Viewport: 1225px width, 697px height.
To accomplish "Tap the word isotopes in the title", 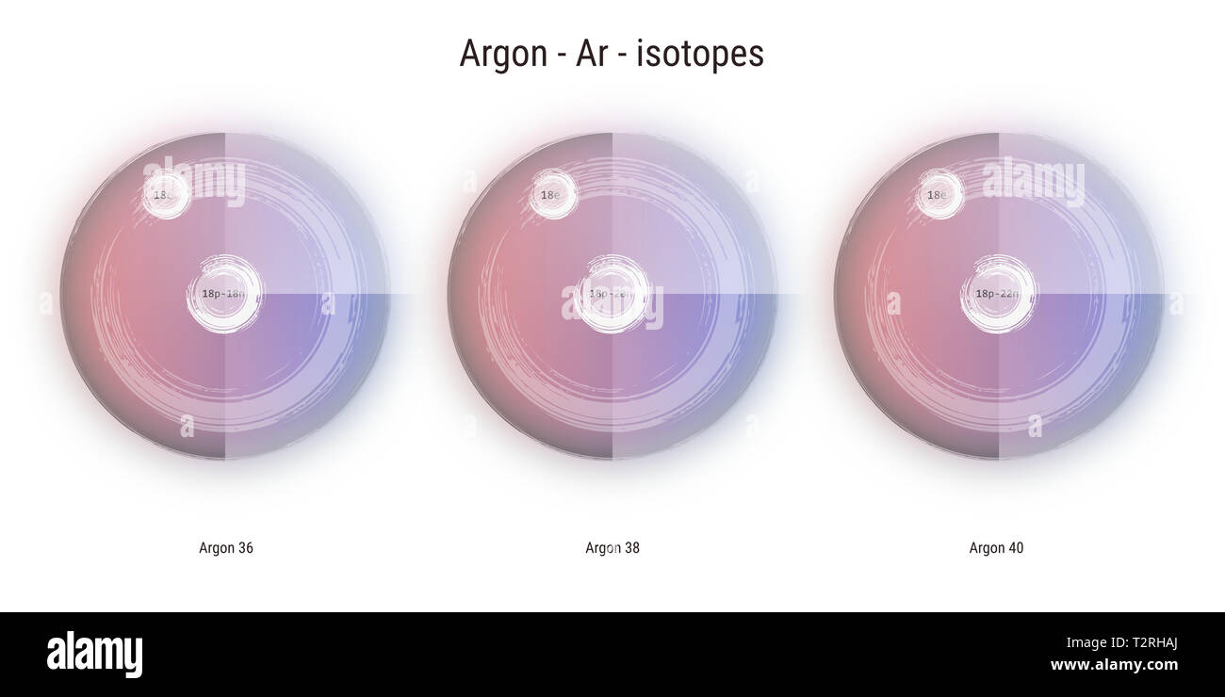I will tap(700, 54).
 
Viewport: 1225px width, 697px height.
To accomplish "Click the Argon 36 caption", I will tap(226, 548).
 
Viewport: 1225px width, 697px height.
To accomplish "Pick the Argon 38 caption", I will tap(612, 548).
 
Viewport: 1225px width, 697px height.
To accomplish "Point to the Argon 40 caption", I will tap(996, 548).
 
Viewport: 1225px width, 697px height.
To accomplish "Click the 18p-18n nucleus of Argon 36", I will tap(224, 294).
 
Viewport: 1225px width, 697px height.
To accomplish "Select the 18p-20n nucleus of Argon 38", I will tap(612, 294).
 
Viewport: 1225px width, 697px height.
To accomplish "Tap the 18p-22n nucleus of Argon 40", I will tap(997, 294).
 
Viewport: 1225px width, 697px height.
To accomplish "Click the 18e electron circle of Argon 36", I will tap(166, 195).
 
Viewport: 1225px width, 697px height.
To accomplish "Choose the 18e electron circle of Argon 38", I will tap(552, 195).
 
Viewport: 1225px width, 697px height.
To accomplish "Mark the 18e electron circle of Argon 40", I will tap(939, 195).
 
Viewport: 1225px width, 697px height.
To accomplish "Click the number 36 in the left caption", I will tap(244, 548).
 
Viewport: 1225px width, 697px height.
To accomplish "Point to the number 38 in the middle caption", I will tap(630, 548).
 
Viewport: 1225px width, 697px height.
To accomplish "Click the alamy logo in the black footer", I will tap(94, 655).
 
